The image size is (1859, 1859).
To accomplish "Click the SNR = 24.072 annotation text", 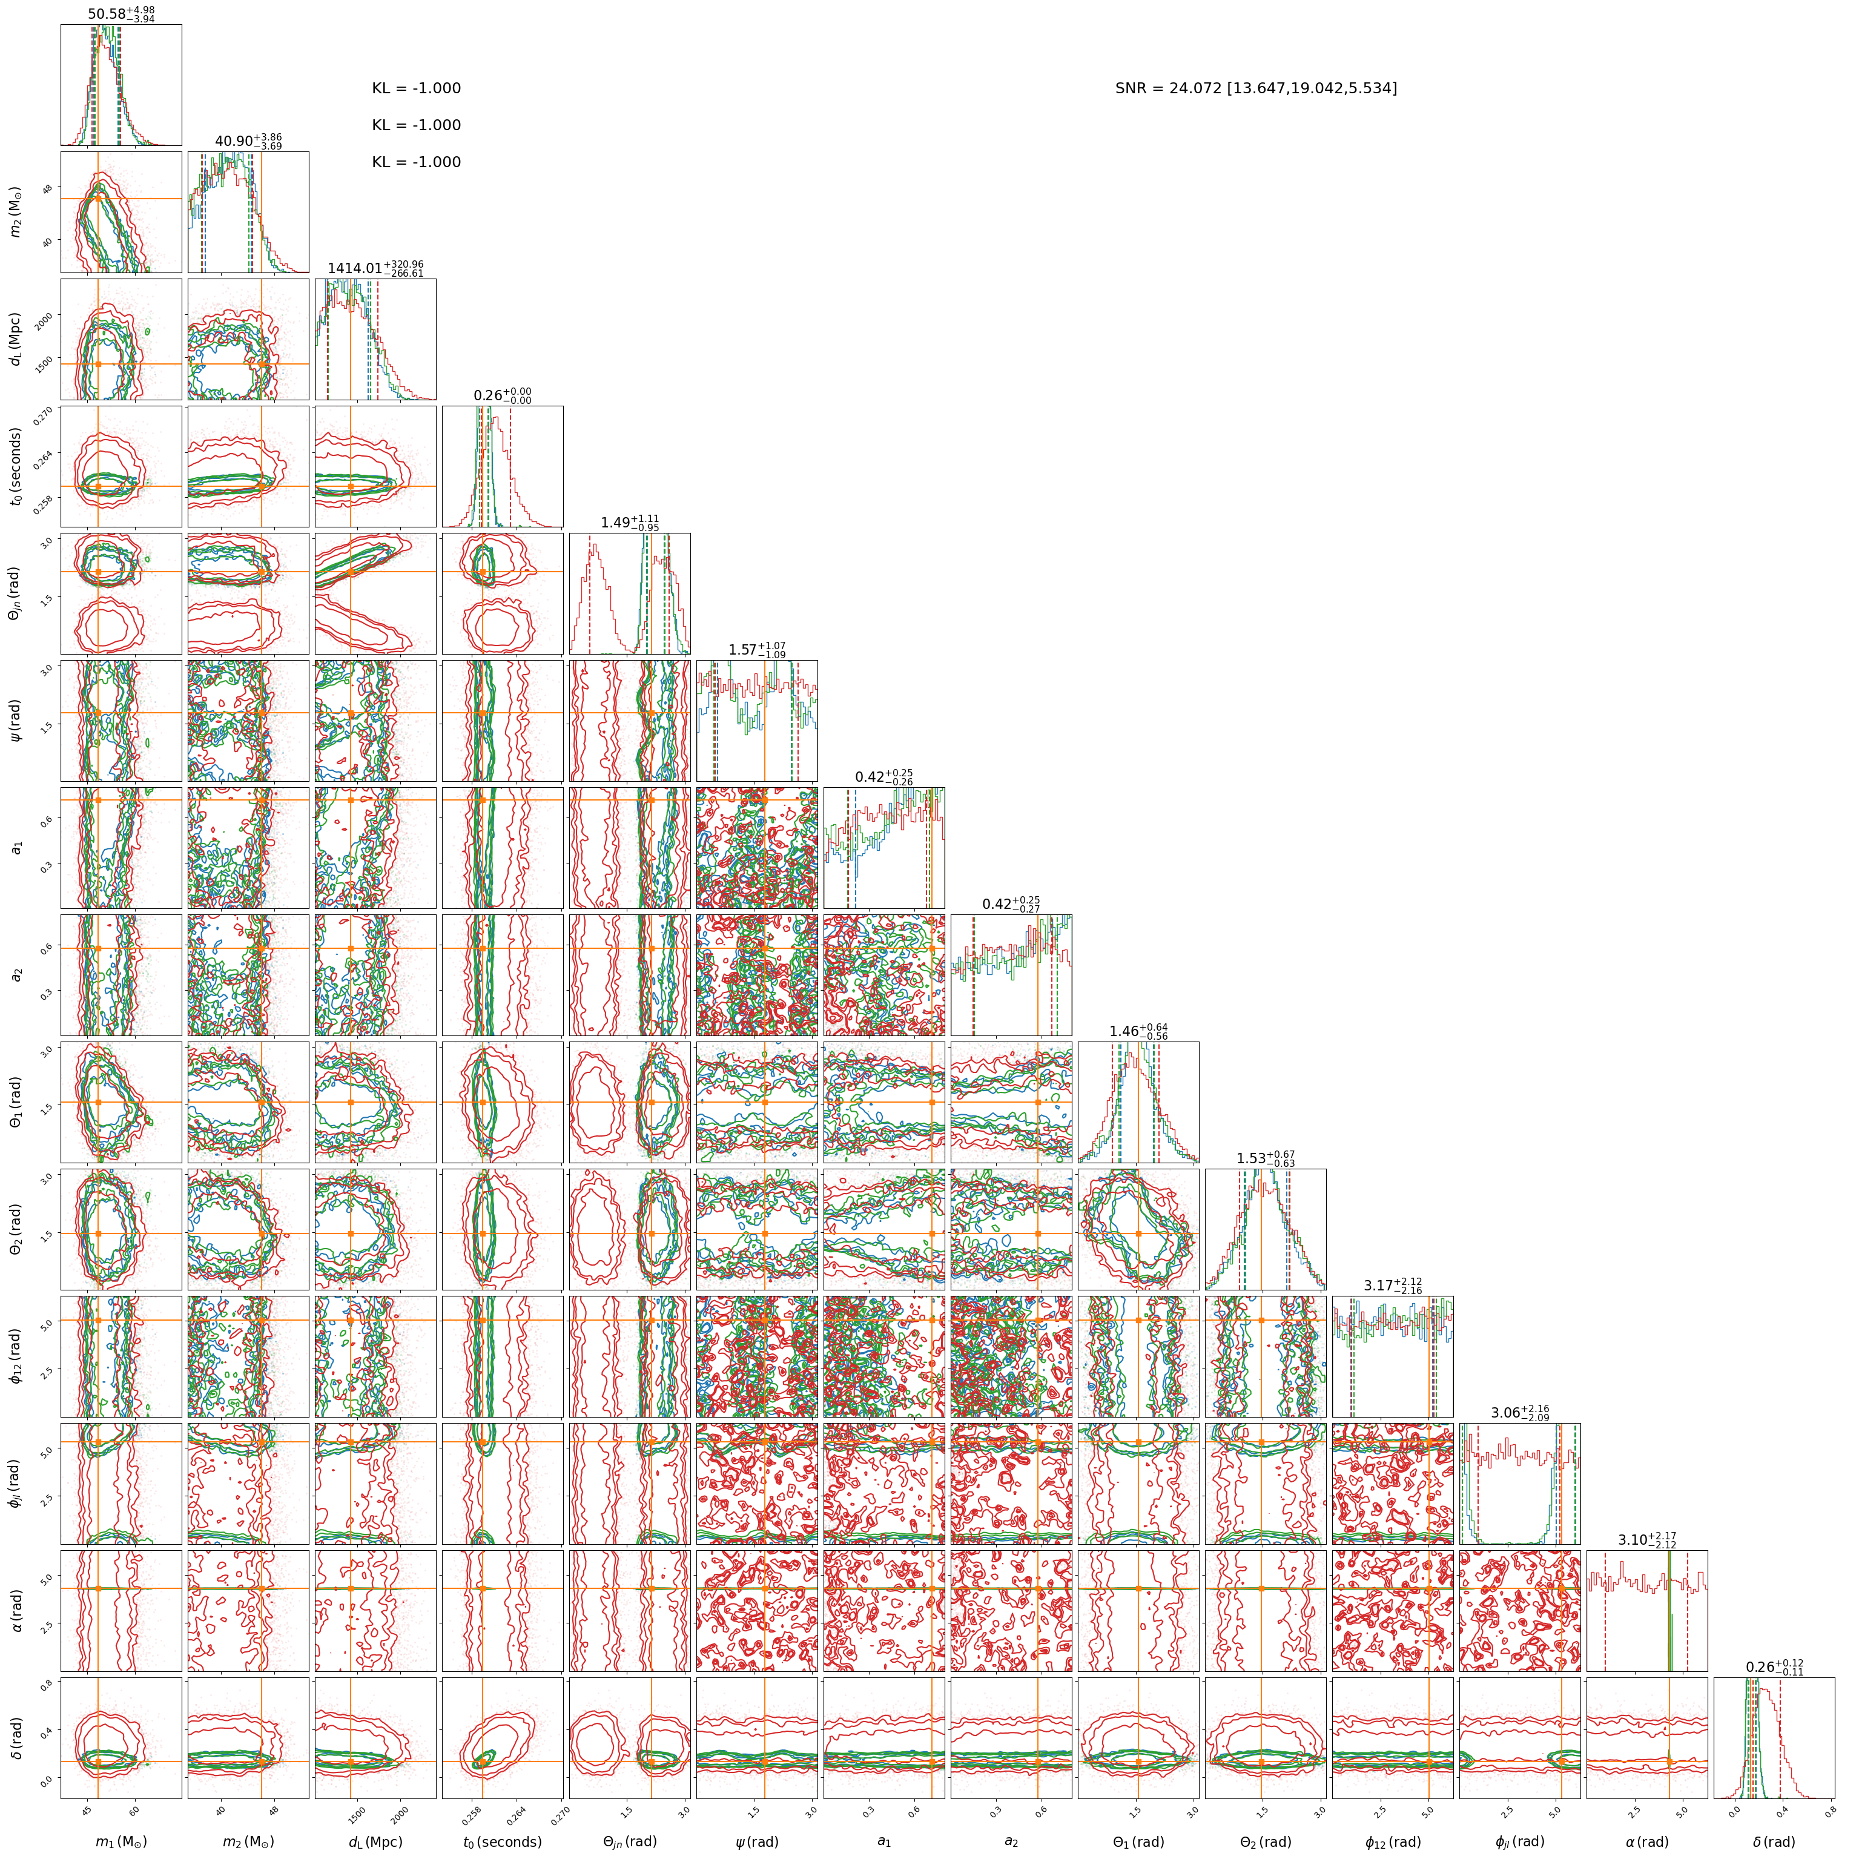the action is [x=1256, y=88].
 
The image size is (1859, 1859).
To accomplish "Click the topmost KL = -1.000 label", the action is [x=417, y=88].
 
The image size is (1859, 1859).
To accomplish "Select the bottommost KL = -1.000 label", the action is [x=417, y=163].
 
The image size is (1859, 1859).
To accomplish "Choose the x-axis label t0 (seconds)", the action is [x=502, y=1841].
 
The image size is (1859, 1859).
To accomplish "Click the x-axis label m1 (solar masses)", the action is [x=121, y=1841].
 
